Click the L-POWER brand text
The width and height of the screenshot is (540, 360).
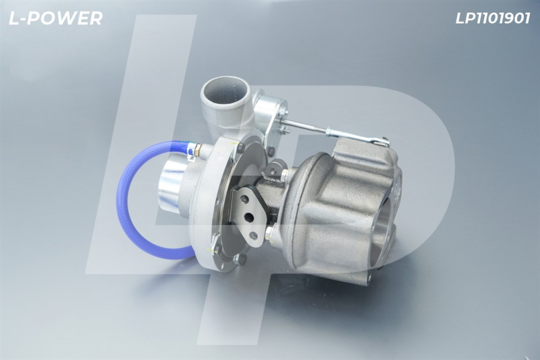coord(55,18)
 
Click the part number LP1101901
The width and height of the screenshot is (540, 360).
coord(493,19)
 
